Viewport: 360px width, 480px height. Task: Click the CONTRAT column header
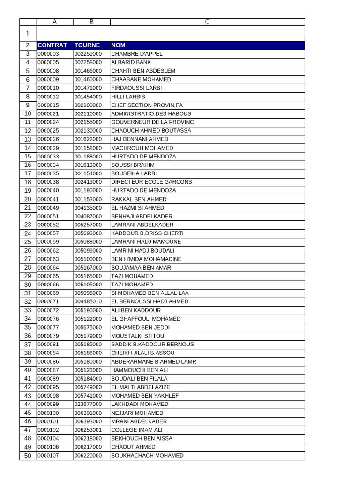[x=52, y=45]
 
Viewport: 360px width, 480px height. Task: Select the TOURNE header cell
[x=87, y=45]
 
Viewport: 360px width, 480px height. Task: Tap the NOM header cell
[x=119, y=45]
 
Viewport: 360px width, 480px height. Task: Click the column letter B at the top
[x=91, y=22]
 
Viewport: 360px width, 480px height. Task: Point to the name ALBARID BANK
[x=131, y=62]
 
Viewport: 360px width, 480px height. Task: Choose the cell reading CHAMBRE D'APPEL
[x=137, y=54]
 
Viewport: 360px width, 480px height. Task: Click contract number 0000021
[x=48, y=114]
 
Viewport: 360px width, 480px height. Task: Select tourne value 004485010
[x=88, y=302]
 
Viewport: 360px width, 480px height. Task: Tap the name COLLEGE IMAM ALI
[x=137, y=430]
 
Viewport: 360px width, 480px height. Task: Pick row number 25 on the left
[x=28, y=242]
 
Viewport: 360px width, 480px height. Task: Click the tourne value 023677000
[x=88, y=404]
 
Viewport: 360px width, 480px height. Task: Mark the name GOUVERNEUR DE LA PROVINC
[x=152, y=122]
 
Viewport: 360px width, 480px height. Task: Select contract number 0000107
[x=48, y=456]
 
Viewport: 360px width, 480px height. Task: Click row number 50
[x=28, y=456]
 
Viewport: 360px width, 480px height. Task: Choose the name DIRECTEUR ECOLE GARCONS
[x=151, y=182]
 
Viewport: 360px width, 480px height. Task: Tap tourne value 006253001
[x=88, y=430]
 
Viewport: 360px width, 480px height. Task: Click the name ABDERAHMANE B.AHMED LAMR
[x=154, y=362]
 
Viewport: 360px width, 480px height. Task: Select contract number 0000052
[x=48, y=225]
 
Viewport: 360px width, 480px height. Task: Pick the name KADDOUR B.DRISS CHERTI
[x=147, y=233]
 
